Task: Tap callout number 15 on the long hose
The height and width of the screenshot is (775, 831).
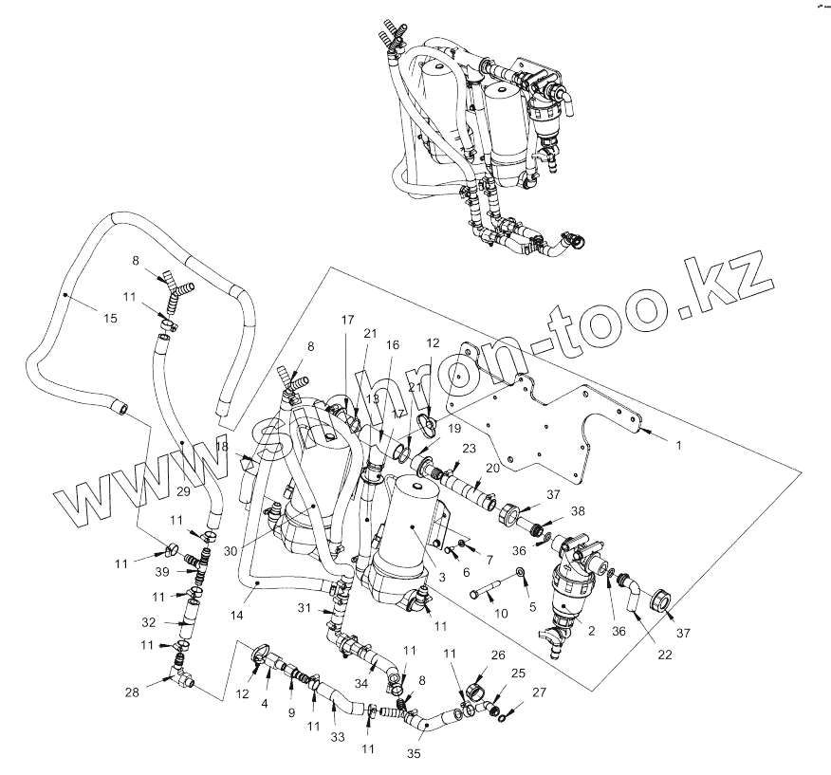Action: (x=110, y=319)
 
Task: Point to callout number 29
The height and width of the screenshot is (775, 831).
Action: (x=184, y=492)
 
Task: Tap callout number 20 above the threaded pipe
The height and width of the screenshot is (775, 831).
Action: (x=493, y=468)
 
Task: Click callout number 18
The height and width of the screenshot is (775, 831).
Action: (x=221, y=445)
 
